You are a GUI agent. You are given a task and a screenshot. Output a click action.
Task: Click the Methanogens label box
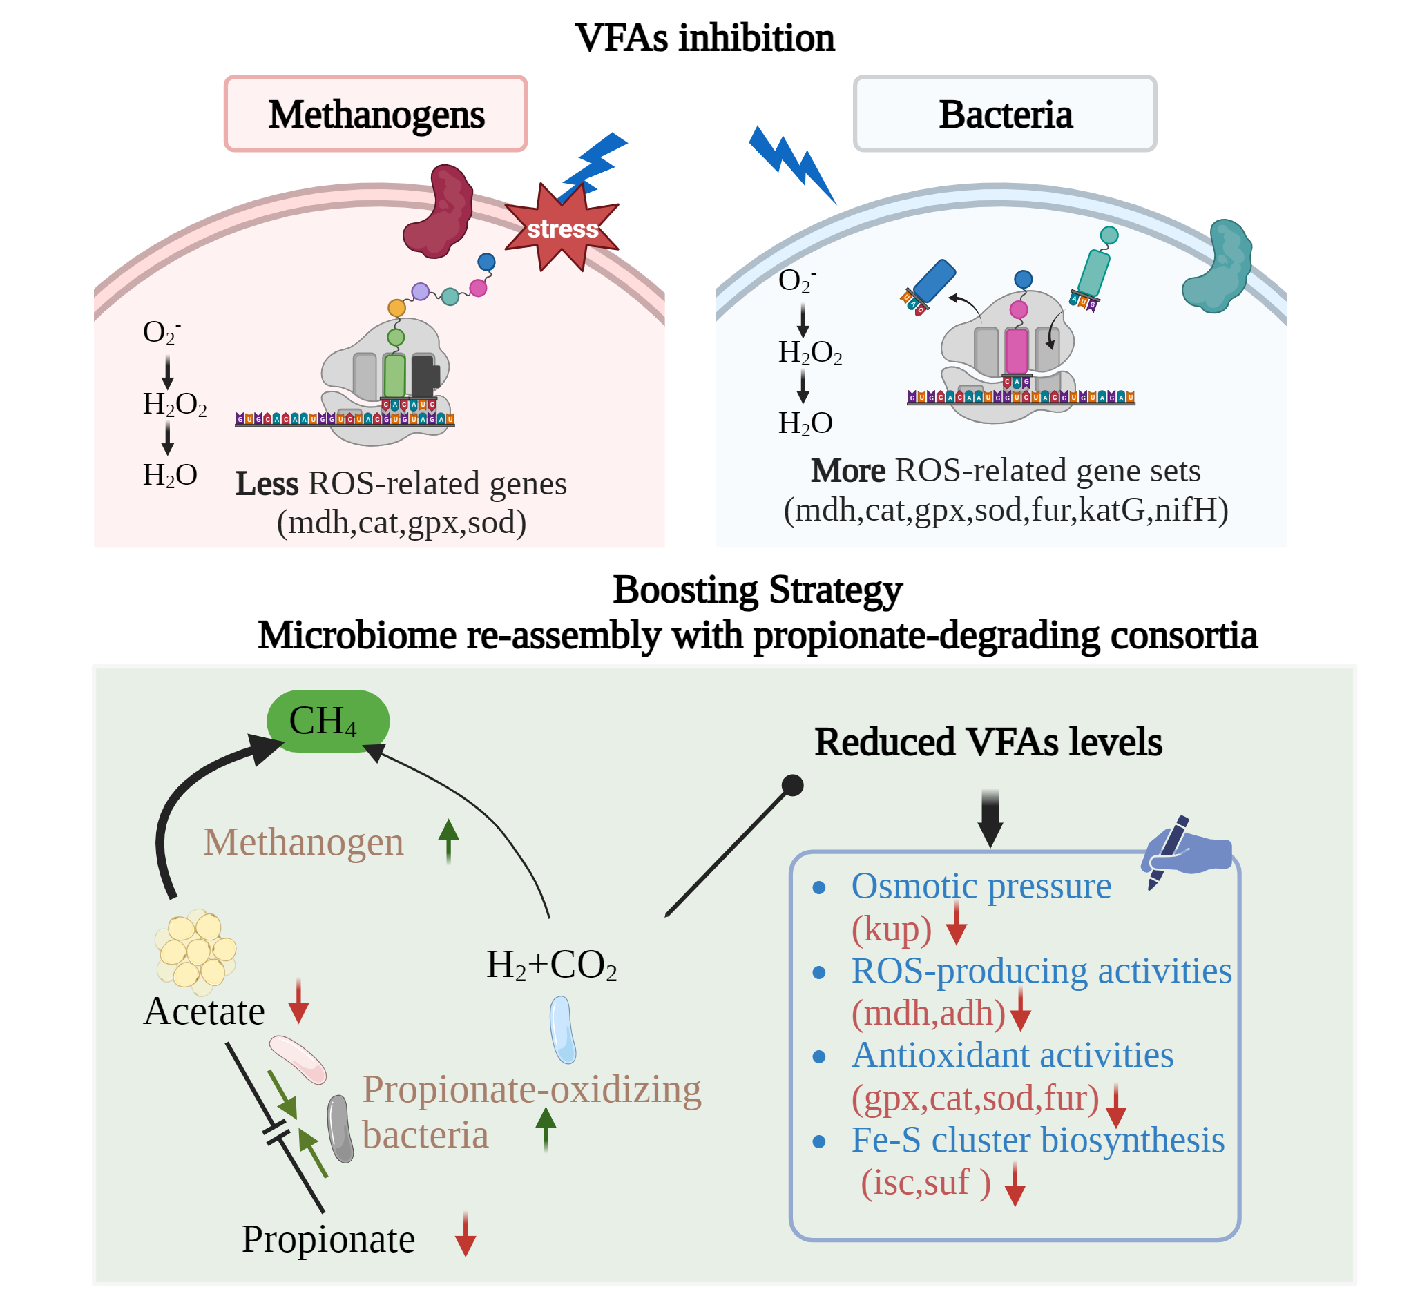click(x=376, y=113)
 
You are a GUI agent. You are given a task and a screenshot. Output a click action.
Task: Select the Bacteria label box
click(x=1004, y=113)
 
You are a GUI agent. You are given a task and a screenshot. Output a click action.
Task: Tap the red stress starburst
click(x=562, y=227)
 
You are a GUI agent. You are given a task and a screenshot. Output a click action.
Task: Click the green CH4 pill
click(x=327, y=721)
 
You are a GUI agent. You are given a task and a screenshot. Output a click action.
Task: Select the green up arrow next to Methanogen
click(x=448, y=841)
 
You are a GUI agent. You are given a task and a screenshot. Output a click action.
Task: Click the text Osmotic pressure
click(x=981, y=885)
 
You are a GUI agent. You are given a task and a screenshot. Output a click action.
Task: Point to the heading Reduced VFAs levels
click(x=988, y=742)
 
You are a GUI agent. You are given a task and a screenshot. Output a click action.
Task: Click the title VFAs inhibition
click(x=704, y=38)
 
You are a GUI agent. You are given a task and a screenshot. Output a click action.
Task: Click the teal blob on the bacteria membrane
click(x=1217, y=267)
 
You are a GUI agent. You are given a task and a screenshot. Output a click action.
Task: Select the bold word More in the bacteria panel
click(x=847, y=470)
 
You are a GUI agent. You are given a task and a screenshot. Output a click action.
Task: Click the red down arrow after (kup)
click(x=956, y=923)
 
